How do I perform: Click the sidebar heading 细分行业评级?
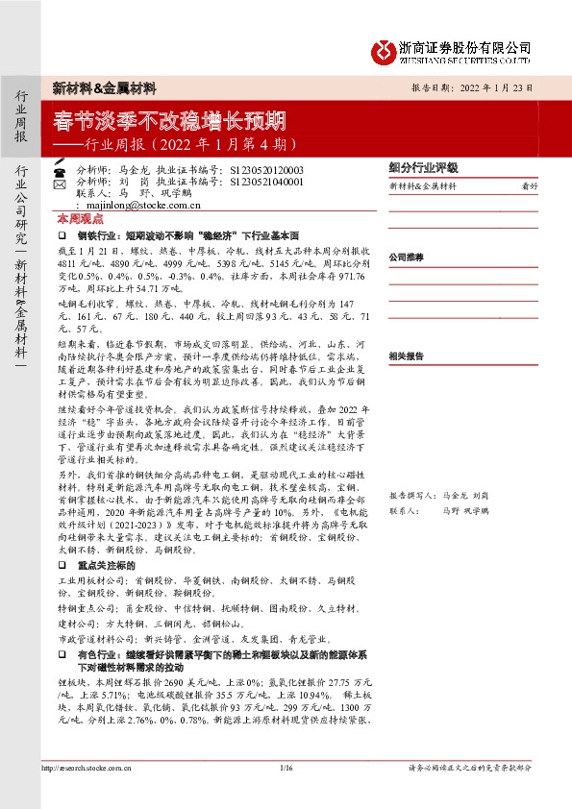[x=423, y=166]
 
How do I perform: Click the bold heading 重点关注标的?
[x=108, y=567]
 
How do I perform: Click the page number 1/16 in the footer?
[x=285, y=767]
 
